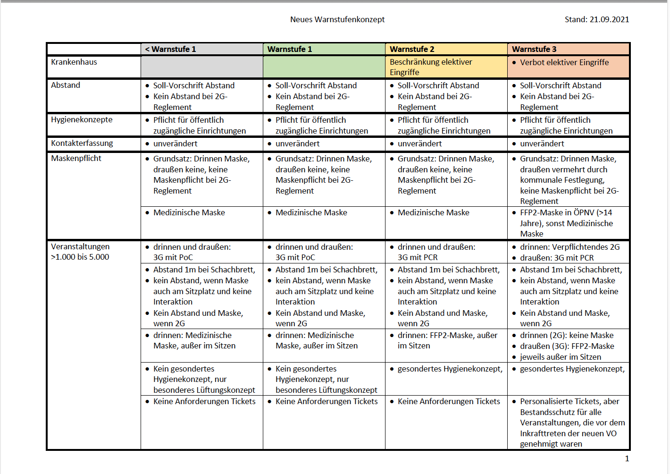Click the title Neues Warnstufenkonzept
pyautogui.click(x=337, y=19)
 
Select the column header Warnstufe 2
pyautogui.click(x=412, y=49)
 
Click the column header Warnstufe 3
pyautogui.click(x=534, y=49)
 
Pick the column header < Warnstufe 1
pyautogui.click(x=170, y=49)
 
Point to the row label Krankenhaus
pyautogui.click(x=74, y=62)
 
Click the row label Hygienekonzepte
pyautogui.click(x=82, y=119)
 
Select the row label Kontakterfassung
pyautogui.click(x=82, y=143)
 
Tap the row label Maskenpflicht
pyautogui.click(x=76, y=158)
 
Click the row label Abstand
pyautogui.click(x=66, y=85)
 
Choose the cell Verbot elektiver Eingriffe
pyautogui.click(x=564, y=62)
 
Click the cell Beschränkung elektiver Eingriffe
pyautogui.click(x=431, y=67)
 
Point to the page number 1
pyautogui.click(x=627, y=458)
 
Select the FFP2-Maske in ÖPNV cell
pyautogui.click(x=566, y=223)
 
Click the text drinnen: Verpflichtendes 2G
pyautogui.click(x=569, y=247)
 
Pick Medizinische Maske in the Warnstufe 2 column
pyautogui.click(x=433, y=212)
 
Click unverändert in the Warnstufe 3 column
pyautogui.click(x=542, y=144)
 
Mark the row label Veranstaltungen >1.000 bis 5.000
pyautogui.click(x=80, y=252)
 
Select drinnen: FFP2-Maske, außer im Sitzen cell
pyautogui.click(x=447, y=340)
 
